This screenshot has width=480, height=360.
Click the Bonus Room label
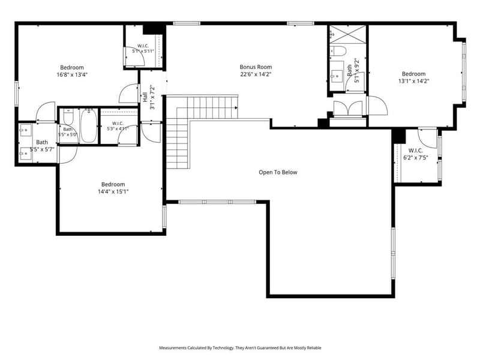(256, 67)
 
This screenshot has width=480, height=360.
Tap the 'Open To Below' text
(278, 172)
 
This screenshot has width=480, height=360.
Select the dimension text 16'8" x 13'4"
(72, 74)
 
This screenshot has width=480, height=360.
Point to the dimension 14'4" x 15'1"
(113, 191)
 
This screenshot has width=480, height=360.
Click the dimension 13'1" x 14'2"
(414, 81)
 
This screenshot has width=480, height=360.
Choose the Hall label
(145, 97)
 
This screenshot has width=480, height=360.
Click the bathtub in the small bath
(89, 125)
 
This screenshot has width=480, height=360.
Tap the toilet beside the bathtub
(68, 117)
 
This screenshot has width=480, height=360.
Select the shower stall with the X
(348, 35)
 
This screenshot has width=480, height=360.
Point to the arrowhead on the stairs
(236, 107)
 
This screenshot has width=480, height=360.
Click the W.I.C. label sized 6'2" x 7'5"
(416, 151)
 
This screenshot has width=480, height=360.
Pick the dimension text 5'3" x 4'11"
(118, 129)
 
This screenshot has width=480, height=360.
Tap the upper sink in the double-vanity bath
(26, 130)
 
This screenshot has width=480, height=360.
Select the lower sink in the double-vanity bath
(26, 154)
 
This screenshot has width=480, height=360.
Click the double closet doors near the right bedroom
(348, 108)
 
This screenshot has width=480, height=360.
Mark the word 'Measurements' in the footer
(172, 348)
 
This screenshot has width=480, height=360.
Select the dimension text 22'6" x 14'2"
(256, 74)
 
